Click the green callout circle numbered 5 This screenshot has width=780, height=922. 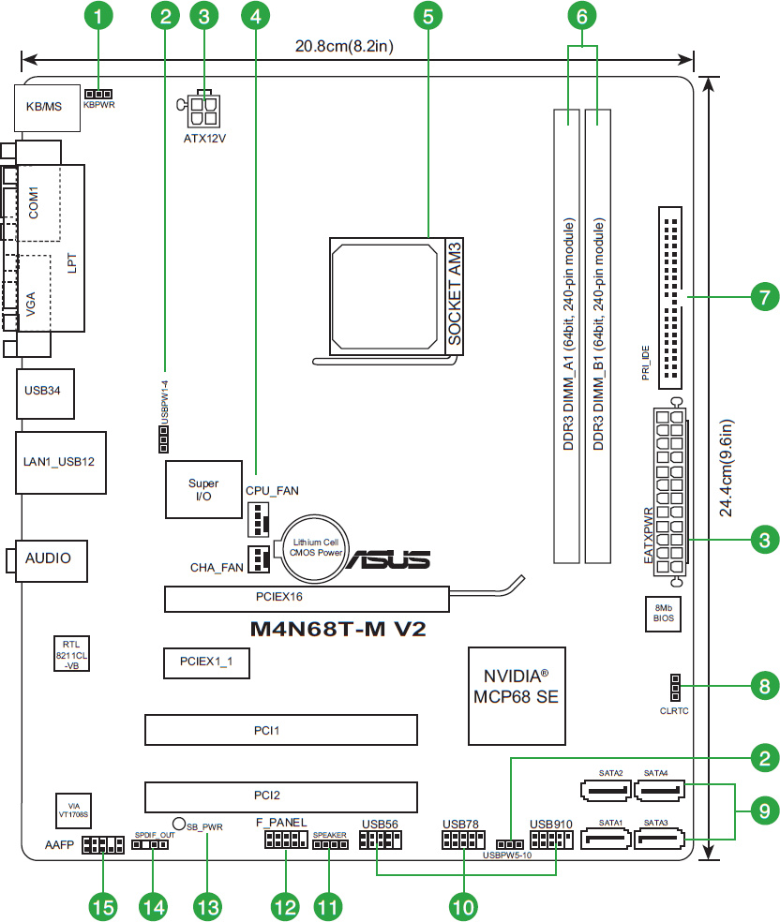[427, 15]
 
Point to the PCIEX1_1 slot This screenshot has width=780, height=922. [200, 662]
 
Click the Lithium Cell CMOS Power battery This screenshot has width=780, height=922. [315, 546]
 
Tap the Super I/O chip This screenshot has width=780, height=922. [203, 489]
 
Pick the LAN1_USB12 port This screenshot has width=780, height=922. [58, 461]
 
